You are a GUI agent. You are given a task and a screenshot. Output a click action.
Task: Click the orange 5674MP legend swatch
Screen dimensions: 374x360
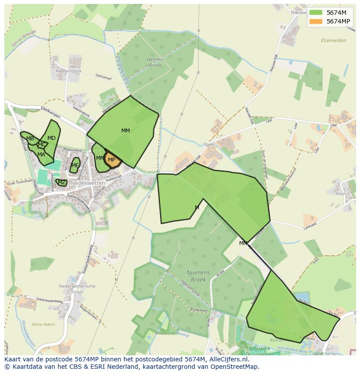point(316,21)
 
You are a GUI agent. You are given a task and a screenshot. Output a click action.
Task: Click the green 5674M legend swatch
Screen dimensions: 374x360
point(316,13)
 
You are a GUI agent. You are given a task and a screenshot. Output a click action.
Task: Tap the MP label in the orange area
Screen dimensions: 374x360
point(111,160)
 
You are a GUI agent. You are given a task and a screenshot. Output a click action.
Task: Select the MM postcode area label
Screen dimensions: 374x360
point(126,131)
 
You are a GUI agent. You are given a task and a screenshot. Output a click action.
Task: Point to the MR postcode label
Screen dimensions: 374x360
point(100,158)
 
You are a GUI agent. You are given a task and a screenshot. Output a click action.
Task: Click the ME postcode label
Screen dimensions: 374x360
point(75,165)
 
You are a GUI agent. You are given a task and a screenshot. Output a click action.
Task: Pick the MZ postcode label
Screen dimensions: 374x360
point(62,182)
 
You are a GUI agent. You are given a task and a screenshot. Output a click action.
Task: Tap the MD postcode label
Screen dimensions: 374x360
point(51,138)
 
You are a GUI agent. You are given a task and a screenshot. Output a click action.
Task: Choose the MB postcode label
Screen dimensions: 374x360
point(30,139)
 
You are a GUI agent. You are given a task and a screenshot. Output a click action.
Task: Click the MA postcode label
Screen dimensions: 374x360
point(41,154)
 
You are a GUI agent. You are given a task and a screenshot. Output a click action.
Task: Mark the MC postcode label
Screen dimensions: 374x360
point(42,145)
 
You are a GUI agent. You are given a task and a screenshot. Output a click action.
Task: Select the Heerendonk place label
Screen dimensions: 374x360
point(69,71)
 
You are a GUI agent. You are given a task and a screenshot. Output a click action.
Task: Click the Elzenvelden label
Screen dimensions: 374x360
point(333,40)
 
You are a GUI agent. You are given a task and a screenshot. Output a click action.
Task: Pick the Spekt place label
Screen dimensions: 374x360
point(209,144)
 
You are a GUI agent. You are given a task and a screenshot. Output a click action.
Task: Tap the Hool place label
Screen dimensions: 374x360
point(340,194)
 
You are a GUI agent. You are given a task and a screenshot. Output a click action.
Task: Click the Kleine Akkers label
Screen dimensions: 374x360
point(43,324)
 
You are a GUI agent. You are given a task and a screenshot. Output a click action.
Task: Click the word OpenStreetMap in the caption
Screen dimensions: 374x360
point(235,367)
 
